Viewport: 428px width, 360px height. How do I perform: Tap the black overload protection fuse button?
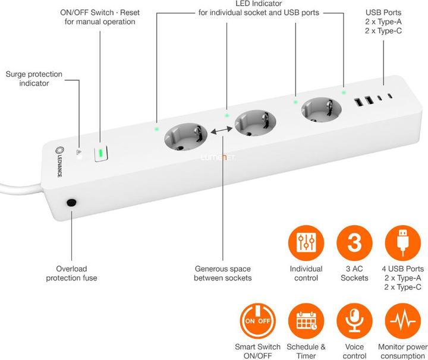point(71,203)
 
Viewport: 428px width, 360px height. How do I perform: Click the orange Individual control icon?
point(306,243)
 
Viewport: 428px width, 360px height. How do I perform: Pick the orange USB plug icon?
point(402,243)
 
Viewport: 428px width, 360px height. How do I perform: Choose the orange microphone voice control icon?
point(354,321)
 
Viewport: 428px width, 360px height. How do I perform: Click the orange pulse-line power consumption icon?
point(402,321)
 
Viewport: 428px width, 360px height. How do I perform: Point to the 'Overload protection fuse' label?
point(71,273)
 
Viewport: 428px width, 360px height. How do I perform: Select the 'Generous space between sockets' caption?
point(223,273)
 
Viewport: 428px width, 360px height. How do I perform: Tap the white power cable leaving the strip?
point(18,192)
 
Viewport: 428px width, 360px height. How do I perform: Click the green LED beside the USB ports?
point(343,92)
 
